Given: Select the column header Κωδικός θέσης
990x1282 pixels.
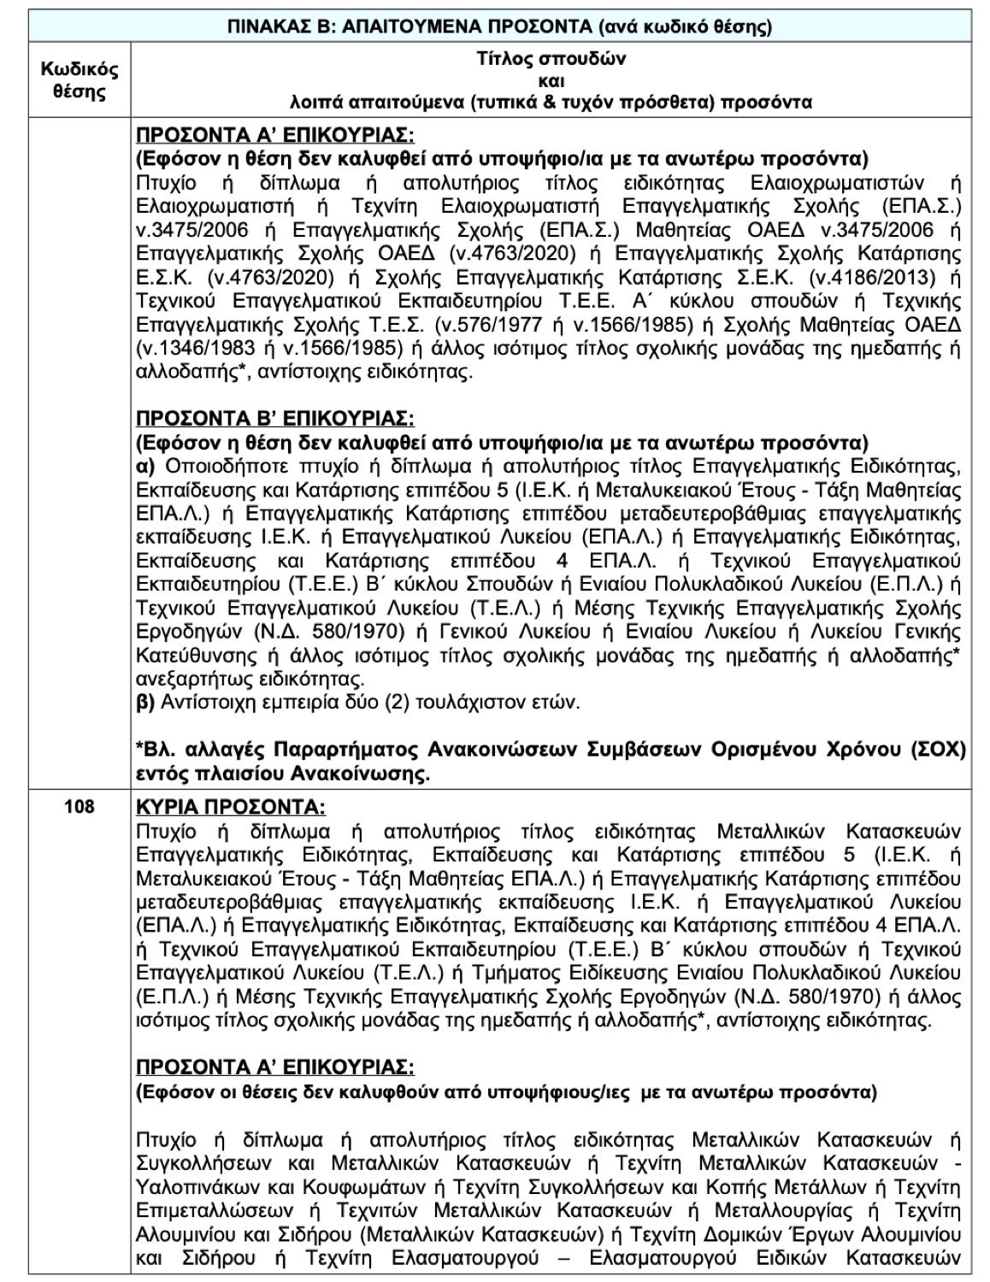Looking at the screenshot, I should pos(80,80).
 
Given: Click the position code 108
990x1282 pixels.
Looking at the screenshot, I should pos(80,807).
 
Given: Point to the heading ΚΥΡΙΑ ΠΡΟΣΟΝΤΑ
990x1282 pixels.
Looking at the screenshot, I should pos(231,808).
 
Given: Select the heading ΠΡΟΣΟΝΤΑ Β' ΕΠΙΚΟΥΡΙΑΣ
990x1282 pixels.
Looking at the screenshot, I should pos(274,419).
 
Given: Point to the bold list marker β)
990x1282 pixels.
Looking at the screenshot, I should pos(144,703).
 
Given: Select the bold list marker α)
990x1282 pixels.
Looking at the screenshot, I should pos(144,467).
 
